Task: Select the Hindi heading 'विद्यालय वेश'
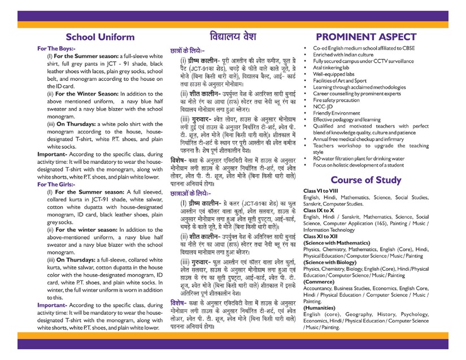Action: pyautogui.click(x=233, y=34)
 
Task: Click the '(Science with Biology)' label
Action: pyautogui.click(x=334, y=263)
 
